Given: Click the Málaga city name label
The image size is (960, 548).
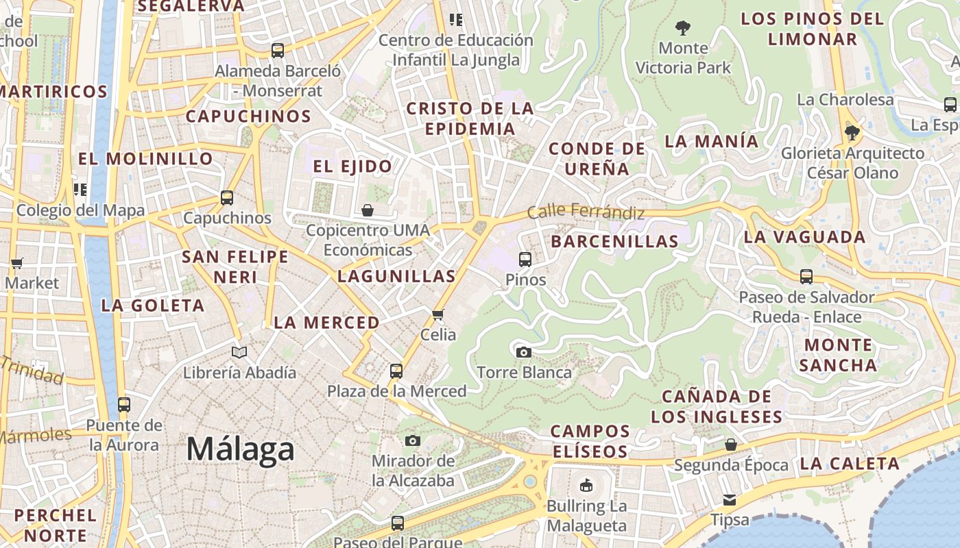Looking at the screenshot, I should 241,449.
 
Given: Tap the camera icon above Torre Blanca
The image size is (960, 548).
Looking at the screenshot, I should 524,353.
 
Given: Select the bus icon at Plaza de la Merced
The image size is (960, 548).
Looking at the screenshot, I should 396,371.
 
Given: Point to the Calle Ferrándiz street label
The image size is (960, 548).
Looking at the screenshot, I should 586,212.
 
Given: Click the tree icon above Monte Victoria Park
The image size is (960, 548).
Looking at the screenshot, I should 682,28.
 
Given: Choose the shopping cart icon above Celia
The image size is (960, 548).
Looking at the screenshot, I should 438,315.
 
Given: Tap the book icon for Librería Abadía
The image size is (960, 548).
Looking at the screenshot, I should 239,353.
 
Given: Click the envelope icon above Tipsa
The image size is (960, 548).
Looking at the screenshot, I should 730,500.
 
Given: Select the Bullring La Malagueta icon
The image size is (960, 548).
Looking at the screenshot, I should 586,486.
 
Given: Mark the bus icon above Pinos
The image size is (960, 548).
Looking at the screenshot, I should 525,260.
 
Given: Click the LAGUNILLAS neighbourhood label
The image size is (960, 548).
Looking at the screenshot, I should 396,276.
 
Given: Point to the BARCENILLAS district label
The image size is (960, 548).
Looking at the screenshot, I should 614,241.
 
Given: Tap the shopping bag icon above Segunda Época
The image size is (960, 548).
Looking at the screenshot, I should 731,445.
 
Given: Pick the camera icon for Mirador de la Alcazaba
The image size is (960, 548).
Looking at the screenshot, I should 413,440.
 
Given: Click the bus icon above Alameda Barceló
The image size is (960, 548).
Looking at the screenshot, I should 278,51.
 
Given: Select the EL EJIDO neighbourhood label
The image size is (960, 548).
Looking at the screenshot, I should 352,166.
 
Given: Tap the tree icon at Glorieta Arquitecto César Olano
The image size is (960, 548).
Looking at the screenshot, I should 852,133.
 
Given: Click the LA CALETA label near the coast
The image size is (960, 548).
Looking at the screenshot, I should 850,464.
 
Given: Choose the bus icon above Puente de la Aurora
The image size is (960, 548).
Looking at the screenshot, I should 124,405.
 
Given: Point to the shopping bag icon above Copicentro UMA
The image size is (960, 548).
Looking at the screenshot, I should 368,210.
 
